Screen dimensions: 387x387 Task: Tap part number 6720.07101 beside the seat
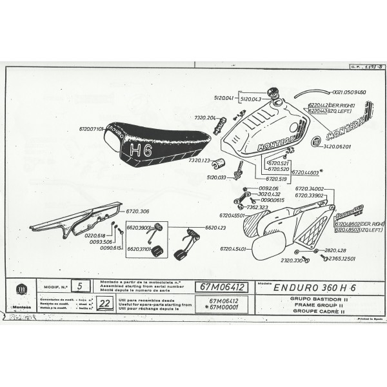pos(91,129)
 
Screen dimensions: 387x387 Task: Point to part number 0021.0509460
pos(344,92)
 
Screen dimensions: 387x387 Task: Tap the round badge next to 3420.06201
pos(316,142)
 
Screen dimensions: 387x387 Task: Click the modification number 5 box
pos(79,284)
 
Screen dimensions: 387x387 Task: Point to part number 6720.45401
pos(232,248)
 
